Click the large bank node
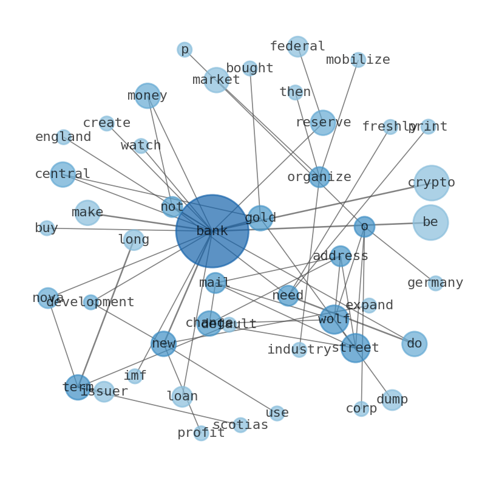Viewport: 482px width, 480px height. coord(212,231)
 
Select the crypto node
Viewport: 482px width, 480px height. coord(432,182)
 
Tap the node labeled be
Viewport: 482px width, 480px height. coord(430,222)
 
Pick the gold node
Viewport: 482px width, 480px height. coord(260,218)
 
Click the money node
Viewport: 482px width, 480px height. coord(148,95)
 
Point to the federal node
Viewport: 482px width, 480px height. coord(297,46)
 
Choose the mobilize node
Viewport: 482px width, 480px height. coord(358,60)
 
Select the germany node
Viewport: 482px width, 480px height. coord(435,283)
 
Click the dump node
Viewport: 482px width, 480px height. coord(392,399)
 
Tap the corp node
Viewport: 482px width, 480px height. coord(361,408)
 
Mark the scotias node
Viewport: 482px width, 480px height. coord(240,425)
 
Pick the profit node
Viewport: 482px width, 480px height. coord(201,433)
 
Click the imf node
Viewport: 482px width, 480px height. coord(135,376)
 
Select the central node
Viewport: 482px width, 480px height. coord(63,174)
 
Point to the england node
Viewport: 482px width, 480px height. coord(63,137)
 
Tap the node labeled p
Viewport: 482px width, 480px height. coord(185,49)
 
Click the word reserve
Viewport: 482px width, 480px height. coord(323,122)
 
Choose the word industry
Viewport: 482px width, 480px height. coord(299,349)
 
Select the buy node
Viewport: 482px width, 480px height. coord(46,228)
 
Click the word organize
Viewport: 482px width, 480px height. coord(319,177)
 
